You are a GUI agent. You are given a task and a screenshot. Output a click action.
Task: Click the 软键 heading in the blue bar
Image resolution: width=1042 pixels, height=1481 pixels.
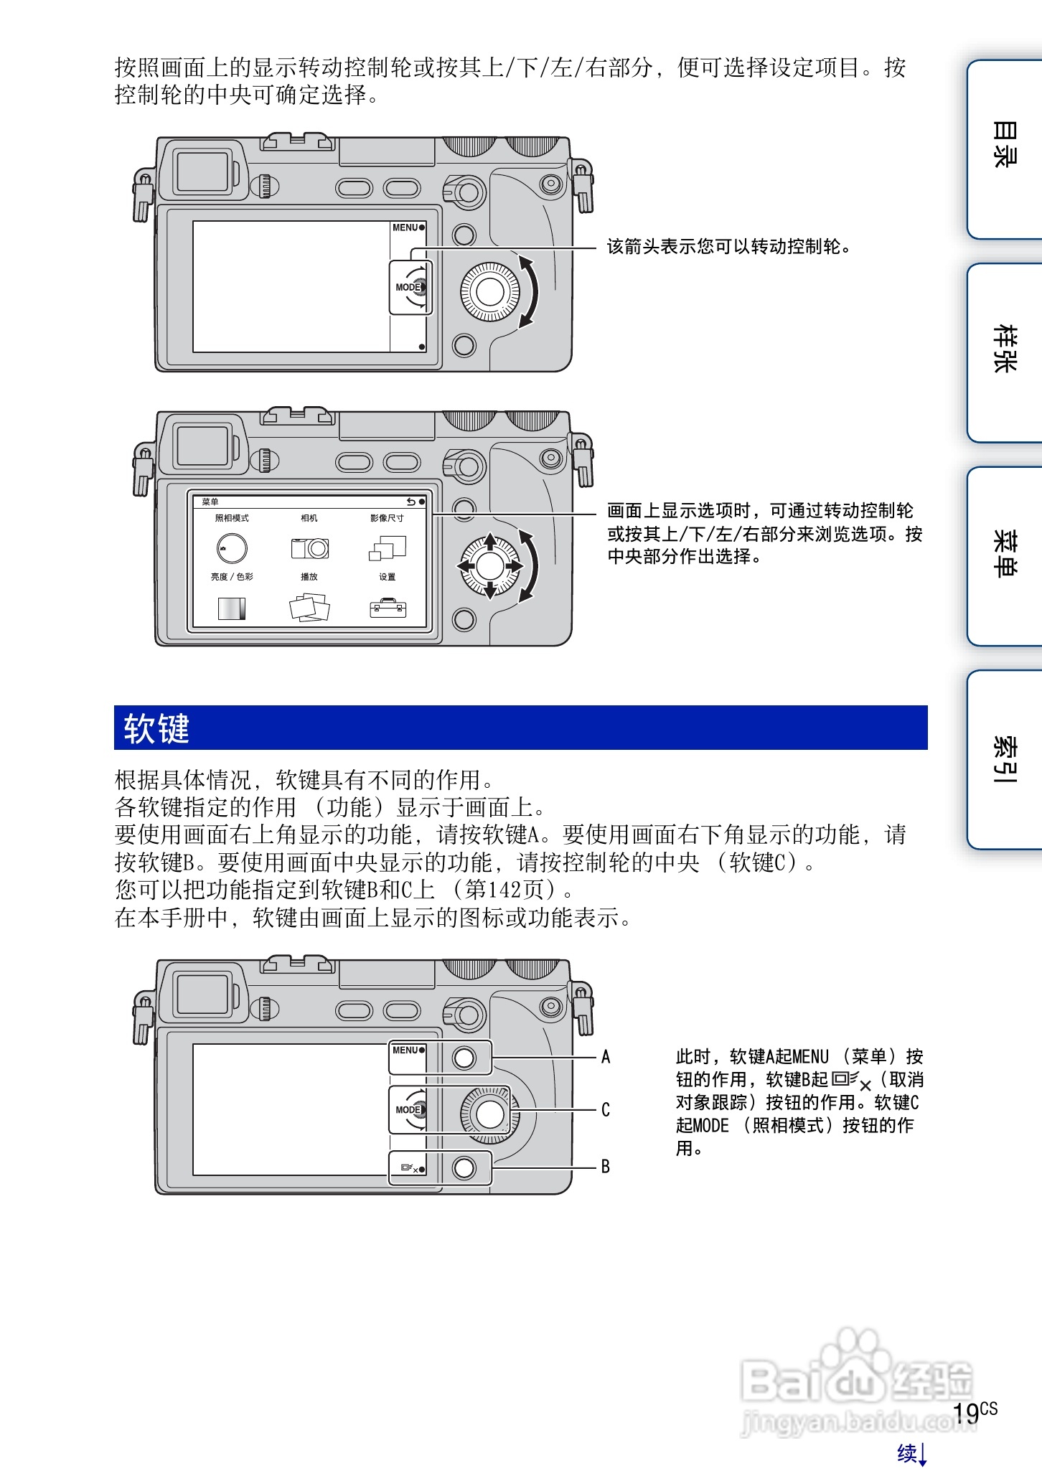click(156, 728)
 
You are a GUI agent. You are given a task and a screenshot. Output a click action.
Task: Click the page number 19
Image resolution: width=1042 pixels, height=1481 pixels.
click(966, 1413)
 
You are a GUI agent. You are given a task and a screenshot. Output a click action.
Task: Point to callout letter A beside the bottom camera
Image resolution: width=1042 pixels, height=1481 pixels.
click(606, 1057)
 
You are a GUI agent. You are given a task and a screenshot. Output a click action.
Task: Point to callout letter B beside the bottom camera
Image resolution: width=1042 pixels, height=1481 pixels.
click(606, 1167)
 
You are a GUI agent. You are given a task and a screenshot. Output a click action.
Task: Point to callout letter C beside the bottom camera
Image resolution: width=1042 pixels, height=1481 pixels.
click(606, 1110)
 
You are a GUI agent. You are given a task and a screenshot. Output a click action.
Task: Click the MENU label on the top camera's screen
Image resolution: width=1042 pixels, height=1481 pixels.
click(405, 227)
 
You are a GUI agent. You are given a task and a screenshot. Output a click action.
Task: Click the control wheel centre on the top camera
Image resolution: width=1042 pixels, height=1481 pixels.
click(490, 291)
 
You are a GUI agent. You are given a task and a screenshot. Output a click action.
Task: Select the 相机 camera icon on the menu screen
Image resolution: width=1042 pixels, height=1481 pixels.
click(309, 548)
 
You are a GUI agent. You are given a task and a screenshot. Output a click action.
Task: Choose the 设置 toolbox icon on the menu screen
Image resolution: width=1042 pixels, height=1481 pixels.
click(388, 608)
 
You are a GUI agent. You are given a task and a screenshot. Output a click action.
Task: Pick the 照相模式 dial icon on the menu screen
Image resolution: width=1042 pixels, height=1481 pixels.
click(231, 548)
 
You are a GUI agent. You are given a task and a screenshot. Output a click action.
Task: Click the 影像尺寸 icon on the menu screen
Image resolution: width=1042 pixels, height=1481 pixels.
click(388, 548)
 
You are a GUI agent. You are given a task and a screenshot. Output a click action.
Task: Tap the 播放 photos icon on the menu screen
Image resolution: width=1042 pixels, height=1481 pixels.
click(309, 608)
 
